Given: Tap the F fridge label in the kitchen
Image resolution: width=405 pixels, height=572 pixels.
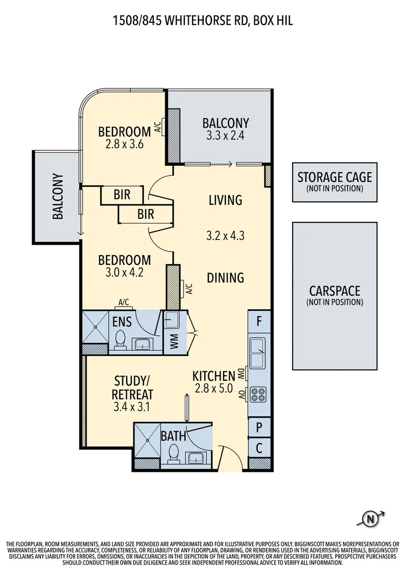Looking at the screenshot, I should click(x=259, y=320).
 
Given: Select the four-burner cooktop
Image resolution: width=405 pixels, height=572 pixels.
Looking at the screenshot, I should click(x=259, y=395).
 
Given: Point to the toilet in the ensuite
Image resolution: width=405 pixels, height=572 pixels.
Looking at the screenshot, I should click(x=120, y=340).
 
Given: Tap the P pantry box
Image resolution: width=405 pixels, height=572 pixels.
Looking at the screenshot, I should click(x=259, y=427).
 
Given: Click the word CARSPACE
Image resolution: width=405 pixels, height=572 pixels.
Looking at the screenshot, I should click(x=334, y=291).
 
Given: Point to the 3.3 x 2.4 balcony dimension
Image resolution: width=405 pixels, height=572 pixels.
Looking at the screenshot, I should click(x=225, y=136).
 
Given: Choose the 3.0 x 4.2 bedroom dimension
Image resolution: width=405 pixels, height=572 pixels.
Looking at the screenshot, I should click(x=125, y=273).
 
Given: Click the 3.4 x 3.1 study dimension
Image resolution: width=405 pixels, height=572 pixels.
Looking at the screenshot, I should click(x=133, y=407).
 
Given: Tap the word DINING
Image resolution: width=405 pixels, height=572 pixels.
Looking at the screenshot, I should click(x=225, y=278).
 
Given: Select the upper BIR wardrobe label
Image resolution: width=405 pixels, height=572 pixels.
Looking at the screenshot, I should click(x=122, y=195).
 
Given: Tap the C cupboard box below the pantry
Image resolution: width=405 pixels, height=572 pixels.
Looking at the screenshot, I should click(x=259, y=448).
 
